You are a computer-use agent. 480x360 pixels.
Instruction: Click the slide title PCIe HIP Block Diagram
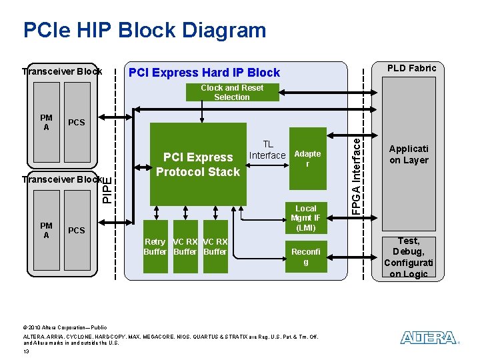click(144, 30)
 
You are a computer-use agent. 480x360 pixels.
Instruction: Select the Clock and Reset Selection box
click(232, 92)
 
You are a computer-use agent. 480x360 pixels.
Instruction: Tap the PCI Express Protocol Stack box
click(197, 164)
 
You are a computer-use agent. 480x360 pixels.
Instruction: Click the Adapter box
click(307, 159)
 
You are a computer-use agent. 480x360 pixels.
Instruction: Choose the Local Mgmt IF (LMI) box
click(306, 218)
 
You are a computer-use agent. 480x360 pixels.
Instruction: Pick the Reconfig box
click(306, 257)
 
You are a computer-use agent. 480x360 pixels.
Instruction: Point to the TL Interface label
click(267, 150)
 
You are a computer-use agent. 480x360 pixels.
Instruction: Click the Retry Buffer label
click(155, 247)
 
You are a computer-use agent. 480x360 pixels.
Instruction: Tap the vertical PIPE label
click(108, 189)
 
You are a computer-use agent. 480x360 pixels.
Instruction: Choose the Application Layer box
click(409, 155)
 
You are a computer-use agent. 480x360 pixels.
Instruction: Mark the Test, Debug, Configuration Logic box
click(408, 257)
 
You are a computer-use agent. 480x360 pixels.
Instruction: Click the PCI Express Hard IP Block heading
click(204, 72)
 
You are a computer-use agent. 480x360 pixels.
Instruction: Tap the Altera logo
click(429, 338)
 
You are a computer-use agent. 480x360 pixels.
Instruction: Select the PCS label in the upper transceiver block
click(77, 123)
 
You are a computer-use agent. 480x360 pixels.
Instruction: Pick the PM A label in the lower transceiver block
click(46, 231)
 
